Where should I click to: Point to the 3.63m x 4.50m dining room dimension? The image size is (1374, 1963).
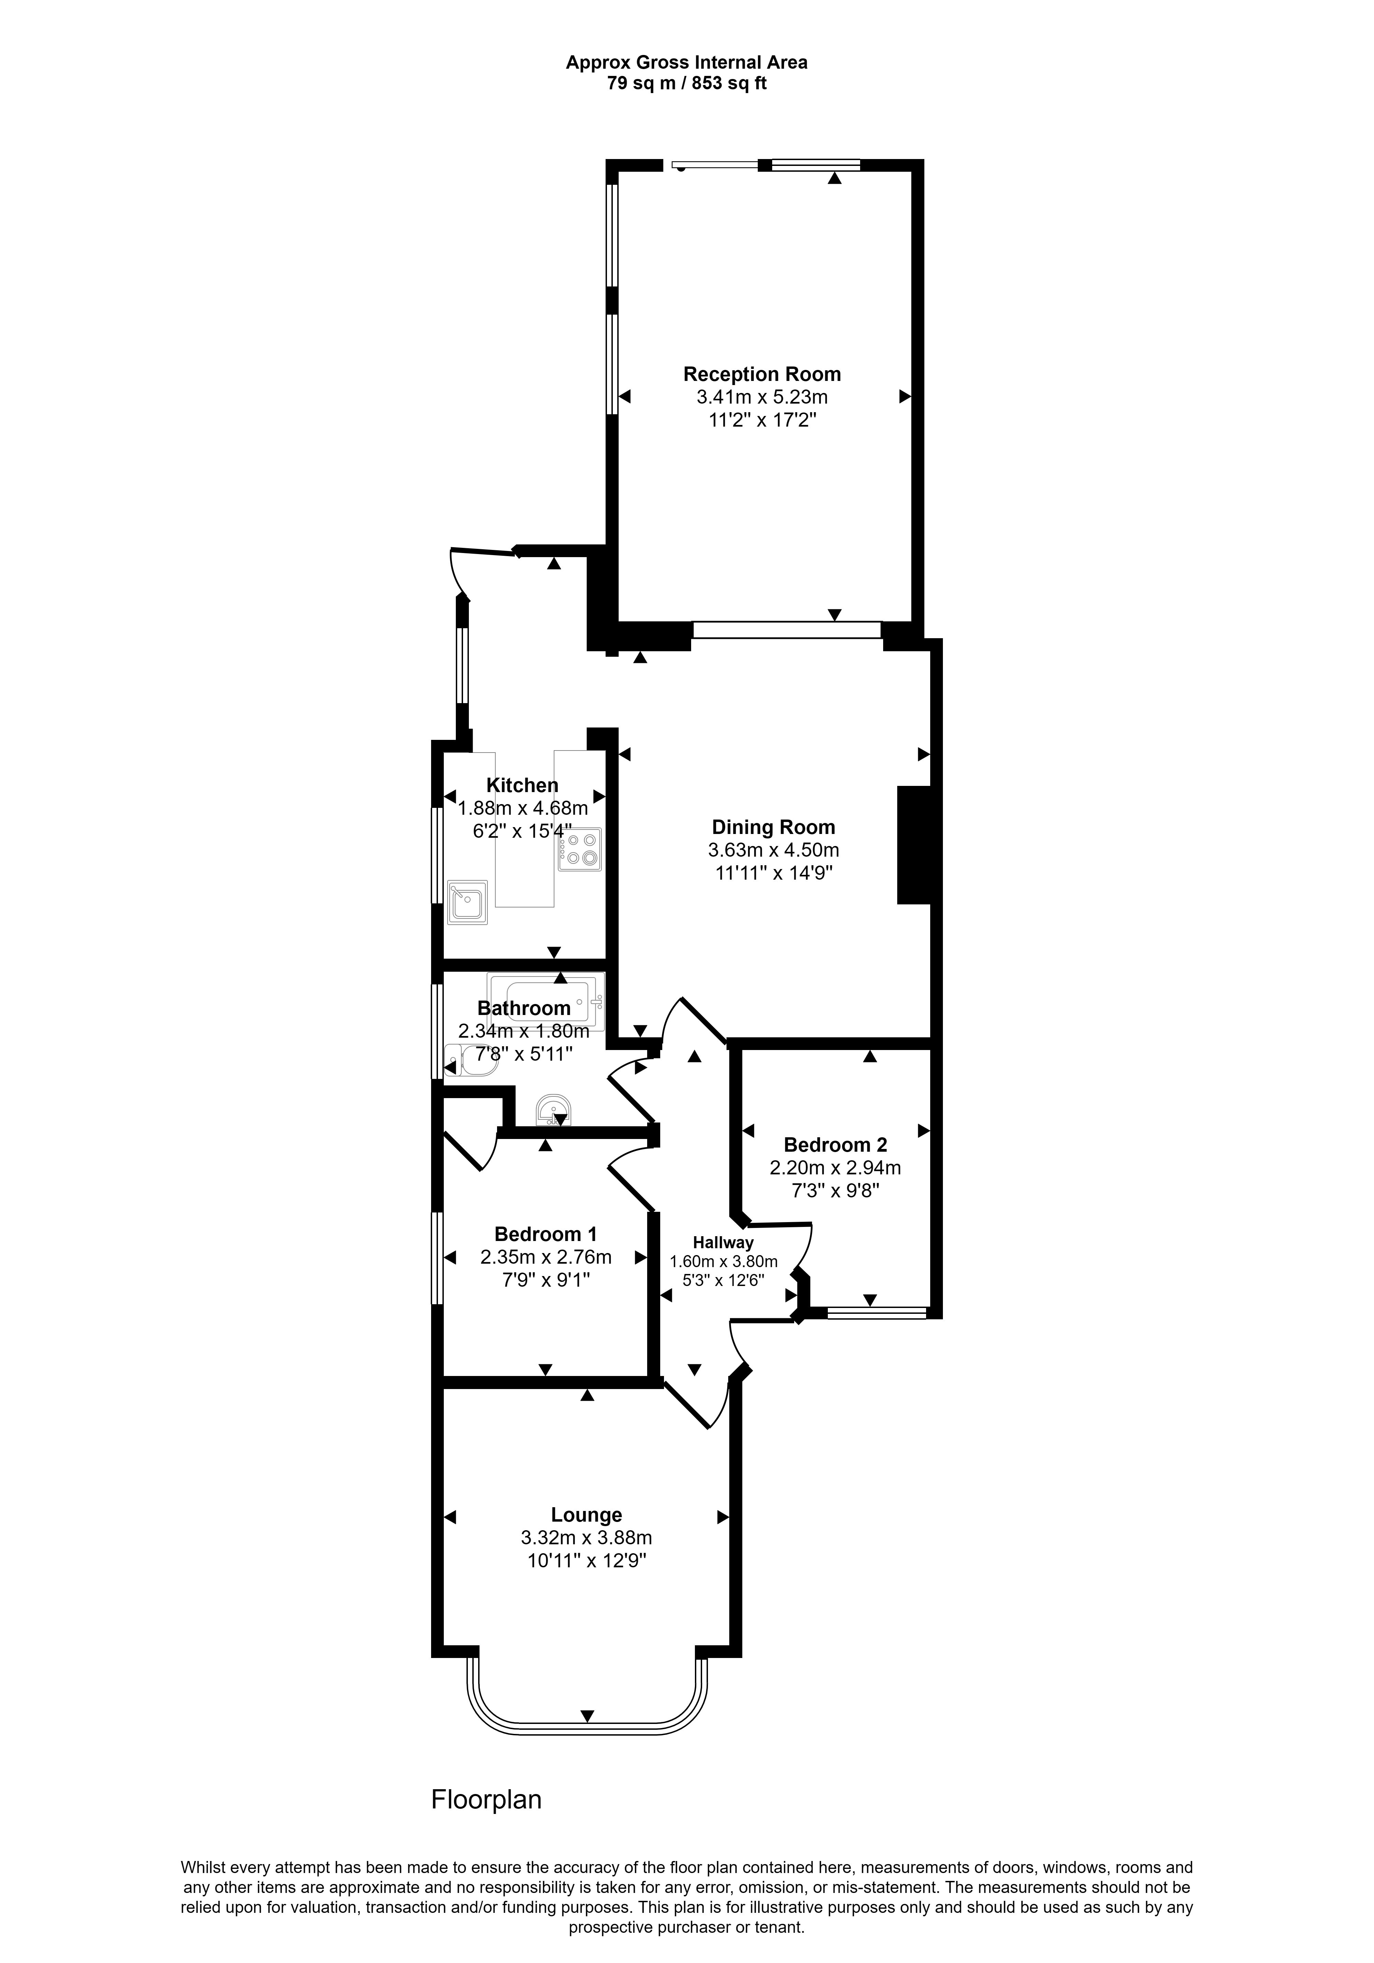coord(773,850)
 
